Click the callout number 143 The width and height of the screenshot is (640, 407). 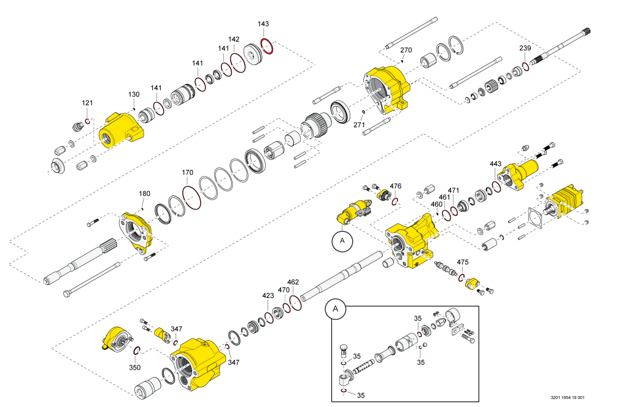tap(263, 24)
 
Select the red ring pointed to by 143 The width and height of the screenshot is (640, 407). tap(267, 46)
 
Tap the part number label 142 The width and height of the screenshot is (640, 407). tap(234, 39)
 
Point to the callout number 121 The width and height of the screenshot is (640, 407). tap(88, 103)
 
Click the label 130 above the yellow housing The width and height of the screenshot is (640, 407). tap(134, 94)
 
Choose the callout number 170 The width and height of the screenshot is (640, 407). tap(188, 173)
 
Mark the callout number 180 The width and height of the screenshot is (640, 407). tap(144, 194)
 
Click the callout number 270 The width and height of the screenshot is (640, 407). tap(406, 50)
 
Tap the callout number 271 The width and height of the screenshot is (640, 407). tap(359, 124)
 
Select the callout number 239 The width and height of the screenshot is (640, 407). tap(525, 48)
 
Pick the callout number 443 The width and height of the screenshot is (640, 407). tap(496, 164)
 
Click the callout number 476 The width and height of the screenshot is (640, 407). tap(396, 186)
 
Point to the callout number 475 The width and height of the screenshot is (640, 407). tap(463, 262)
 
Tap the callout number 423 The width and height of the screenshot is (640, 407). tap(268, 295)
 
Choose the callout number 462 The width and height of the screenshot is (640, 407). tap(293, 282)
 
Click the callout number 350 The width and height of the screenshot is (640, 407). tap(134, 368)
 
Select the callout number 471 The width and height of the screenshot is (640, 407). tap(453, 191)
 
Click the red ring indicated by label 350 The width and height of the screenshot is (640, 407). tap(138, 351)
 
